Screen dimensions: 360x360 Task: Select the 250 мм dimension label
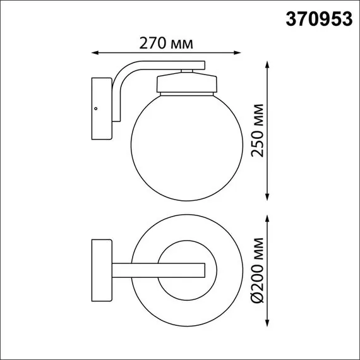(x=255, y=130)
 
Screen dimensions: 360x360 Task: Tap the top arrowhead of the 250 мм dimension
(x=268, y=64)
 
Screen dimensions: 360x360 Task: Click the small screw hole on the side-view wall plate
(x=96, y=109)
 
